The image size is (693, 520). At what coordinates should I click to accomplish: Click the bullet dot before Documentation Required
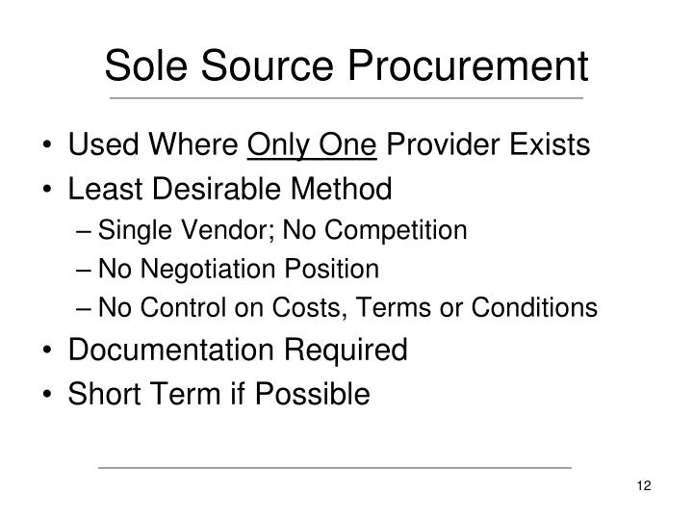coord(49,351)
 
